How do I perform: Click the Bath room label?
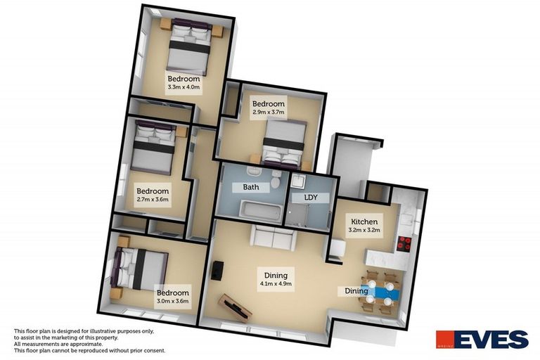251,188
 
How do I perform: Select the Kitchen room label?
365,220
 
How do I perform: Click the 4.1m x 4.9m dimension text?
276,284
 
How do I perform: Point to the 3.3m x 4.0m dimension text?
184,88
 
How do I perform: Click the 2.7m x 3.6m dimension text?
153,200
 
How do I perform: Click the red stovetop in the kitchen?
405,243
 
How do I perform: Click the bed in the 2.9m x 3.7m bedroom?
284,140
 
